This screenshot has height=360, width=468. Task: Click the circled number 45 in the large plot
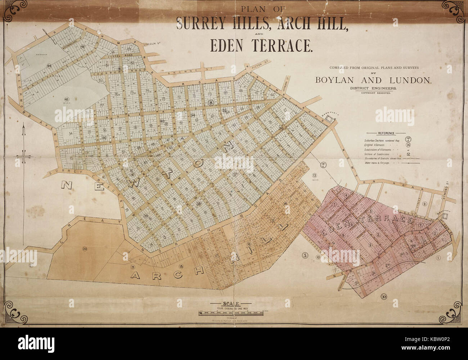(x=66, y=99)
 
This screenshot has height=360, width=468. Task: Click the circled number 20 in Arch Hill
(x=85, y=248)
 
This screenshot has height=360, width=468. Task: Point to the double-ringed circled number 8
(x=211, y=102)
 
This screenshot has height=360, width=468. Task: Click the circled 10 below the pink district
(x=384, y=296)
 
